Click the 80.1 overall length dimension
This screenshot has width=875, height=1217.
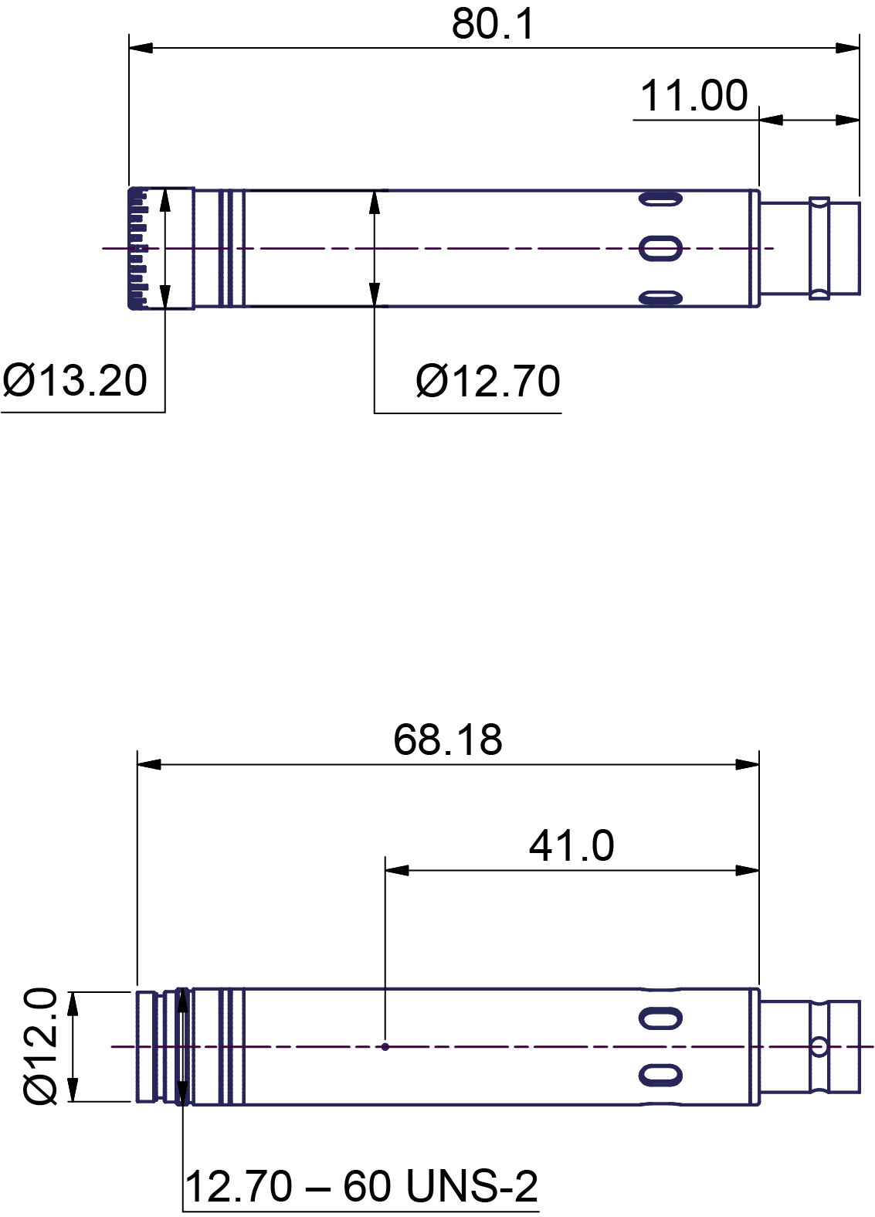tap(493, 25)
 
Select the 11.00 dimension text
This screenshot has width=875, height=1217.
tap(694, 96)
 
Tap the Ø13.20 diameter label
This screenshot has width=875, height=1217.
tap(75, 380)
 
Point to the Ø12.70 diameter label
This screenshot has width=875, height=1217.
tap(488, 382)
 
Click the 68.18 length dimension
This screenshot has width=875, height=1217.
tap(448, 740)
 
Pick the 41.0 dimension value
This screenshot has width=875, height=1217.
tap(571, 846)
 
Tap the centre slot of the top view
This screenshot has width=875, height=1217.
tap(660, 248)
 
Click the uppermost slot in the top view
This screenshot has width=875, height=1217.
tap(660, 199)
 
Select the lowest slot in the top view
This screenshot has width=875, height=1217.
tap(660, 297)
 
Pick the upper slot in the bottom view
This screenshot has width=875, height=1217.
tap(660, 1018)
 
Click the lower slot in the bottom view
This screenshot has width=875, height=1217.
tap(660, 1075)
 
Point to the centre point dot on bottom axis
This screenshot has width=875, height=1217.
tap(385, 1047)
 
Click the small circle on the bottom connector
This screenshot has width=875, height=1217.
tap(819, 1046)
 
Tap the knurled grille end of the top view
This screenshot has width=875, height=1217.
tap(138, 248)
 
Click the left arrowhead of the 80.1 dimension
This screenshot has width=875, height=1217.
tap(141, 49)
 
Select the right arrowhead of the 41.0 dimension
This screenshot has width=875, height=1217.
tap(748, 870)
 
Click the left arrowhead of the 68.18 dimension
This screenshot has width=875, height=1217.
tap(149, 764)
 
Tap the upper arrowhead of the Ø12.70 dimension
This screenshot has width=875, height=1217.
tap(375, 202)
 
